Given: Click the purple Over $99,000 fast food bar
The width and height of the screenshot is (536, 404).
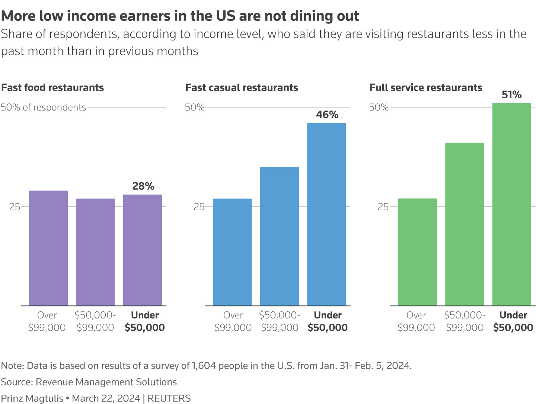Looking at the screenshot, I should coord(48,248).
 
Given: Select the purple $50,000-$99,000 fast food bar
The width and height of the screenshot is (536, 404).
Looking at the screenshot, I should coord(95,252).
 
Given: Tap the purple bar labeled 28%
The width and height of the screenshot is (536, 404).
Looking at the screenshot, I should coord(143,250).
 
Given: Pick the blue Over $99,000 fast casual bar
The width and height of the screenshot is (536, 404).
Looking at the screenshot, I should coord(232,252).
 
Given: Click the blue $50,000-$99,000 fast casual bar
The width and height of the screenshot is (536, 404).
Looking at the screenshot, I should coord(280,236).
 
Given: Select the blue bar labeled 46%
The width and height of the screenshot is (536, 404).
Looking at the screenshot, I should coord(326,214).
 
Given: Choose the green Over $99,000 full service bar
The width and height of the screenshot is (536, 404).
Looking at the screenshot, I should coord(418,252).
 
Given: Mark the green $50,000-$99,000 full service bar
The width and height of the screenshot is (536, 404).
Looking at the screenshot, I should coord(465,224).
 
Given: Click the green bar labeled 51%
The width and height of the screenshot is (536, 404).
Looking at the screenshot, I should coord(511,204).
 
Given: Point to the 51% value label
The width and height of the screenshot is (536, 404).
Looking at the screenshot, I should coord(511,95).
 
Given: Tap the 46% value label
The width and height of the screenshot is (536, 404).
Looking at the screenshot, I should coord(327,115).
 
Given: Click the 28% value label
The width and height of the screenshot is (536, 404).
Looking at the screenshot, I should coord(143,186).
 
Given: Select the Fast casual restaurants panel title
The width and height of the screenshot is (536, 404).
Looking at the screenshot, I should coord(242,88).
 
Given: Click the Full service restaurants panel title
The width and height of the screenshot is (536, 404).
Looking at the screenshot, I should coord(425,88).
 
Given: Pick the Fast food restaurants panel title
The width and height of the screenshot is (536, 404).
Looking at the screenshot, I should coord(52,88).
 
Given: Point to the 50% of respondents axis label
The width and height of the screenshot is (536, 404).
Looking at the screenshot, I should coord(43,108).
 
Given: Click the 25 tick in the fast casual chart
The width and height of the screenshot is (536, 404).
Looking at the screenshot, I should coord(199,207).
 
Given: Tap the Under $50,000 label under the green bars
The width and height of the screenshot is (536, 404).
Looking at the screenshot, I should coord(513,321).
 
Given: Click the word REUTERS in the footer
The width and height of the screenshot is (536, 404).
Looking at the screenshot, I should coord(169,398).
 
